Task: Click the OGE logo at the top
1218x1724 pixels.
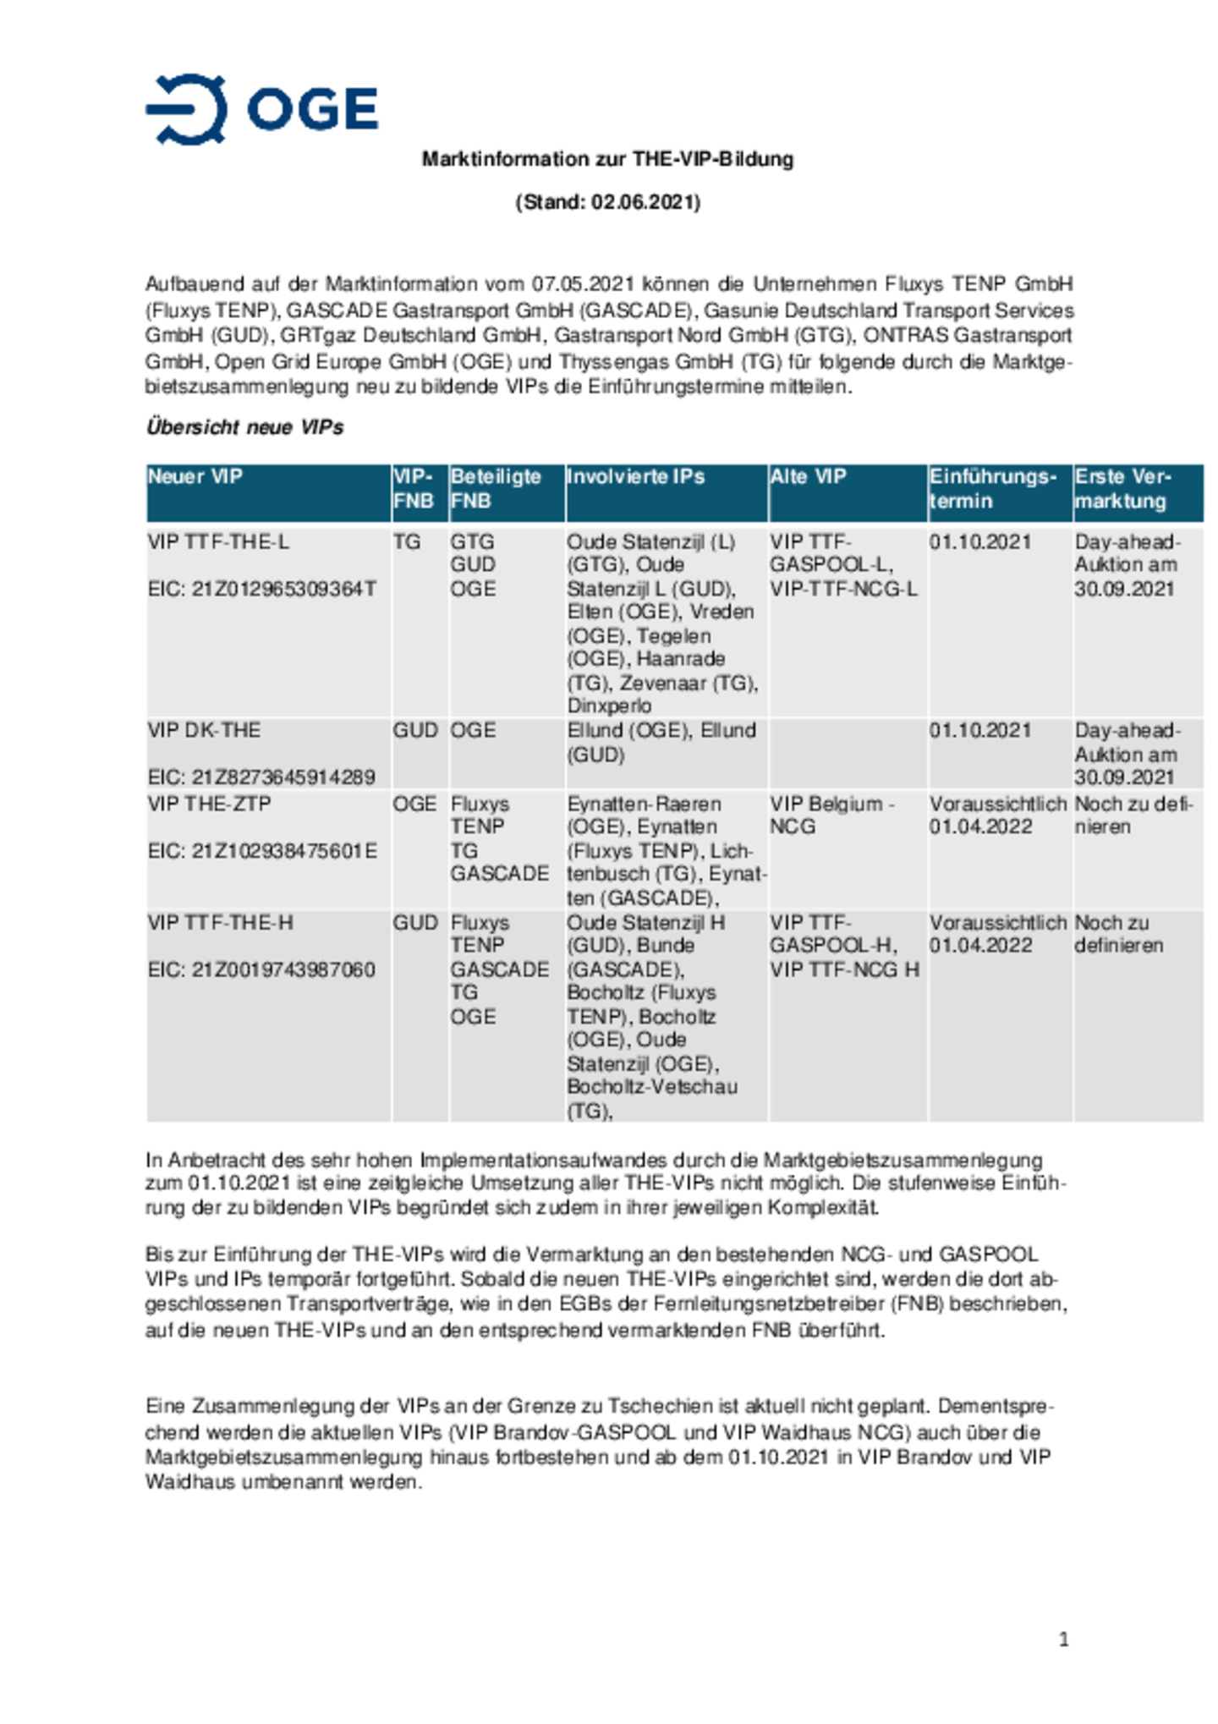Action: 261,110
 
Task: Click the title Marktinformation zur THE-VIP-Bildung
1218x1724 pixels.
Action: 607,159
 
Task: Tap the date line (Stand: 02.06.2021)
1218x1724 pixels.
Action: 607,202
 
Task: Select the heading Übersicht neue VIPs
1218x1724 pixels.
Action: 244,427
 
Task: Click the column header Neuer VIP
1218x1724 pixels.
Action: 195,476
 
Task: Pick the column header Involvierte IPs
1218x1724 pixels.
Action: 635,476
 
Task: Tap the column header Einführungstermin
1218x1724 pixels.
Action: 993,488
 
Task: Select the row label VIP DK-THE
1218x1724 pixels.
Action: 204,730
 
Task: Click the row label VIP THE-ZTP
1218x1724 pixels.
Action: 209,804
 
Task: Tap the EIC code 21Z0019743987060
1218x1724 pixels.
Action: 261,969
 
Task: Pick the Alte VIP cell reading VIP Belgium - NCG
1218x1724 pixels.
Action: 831,815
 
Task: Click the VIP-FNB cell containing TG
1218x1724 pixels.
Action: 407,541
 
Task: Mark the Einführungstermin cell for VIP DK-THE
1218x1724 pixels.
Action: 979,730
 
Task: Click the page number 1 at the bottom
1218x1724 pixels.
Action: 1063,1639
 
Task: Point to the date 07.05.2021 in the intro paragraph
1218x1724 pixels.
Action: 583,284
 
